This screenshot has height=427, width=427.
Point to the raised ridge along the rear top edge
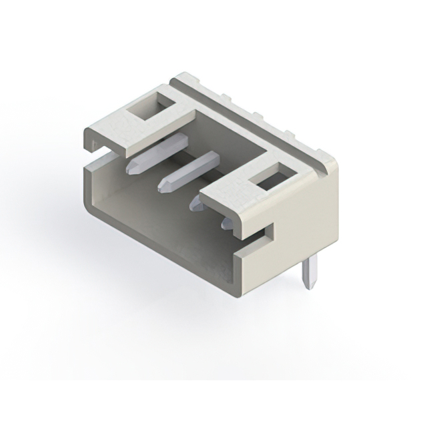(x=254, y=113)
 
